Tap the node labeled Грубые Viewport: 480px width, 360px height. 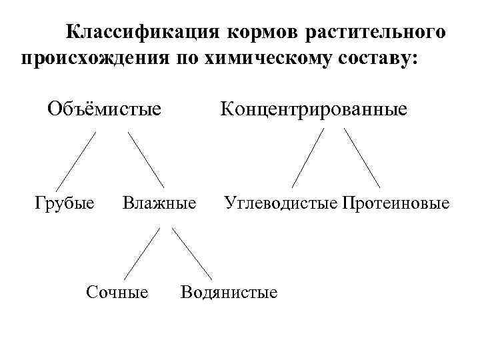(64, 201)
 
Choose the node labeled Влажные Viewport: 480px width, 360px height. (159, 201)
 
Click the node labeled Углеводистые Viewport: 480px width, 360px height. (281, 201)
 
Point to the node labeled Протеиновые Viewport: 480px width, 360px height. (395, 201)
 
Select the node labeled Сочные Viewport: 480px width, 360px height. (117, 291)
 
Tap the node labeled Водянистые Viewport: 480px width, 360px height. (229, 291)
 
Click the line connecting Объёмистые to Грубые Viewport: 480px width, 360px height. (75, 161)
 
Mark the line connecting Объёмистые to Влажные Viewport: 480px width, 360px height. (146, 159)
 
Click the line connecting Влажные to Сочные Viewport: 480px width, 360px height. (142, 253)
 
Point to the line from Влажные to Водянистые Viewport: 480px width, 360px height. (191, 253)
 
